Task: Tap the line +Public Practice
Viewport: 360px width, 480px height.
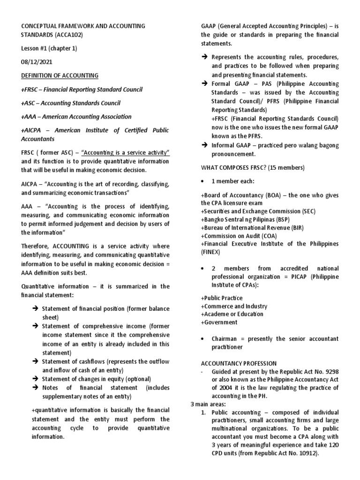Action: click(222, 298)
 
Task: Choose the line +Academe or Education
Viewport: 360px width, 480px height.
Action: click(232, 314)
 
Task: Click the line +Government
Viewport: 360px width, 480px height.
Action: click(219, 322)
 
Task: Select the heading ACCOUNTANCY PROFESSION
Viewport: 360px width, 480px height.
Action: click(239, 363)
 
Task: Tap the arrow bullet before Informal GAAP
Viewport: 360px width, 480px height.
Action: click(204, 145)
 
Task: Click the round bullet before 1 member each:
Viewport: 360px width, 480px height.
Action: click(202, 181)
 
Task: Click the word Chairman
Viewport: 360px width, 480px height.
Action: click(225, 339)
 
